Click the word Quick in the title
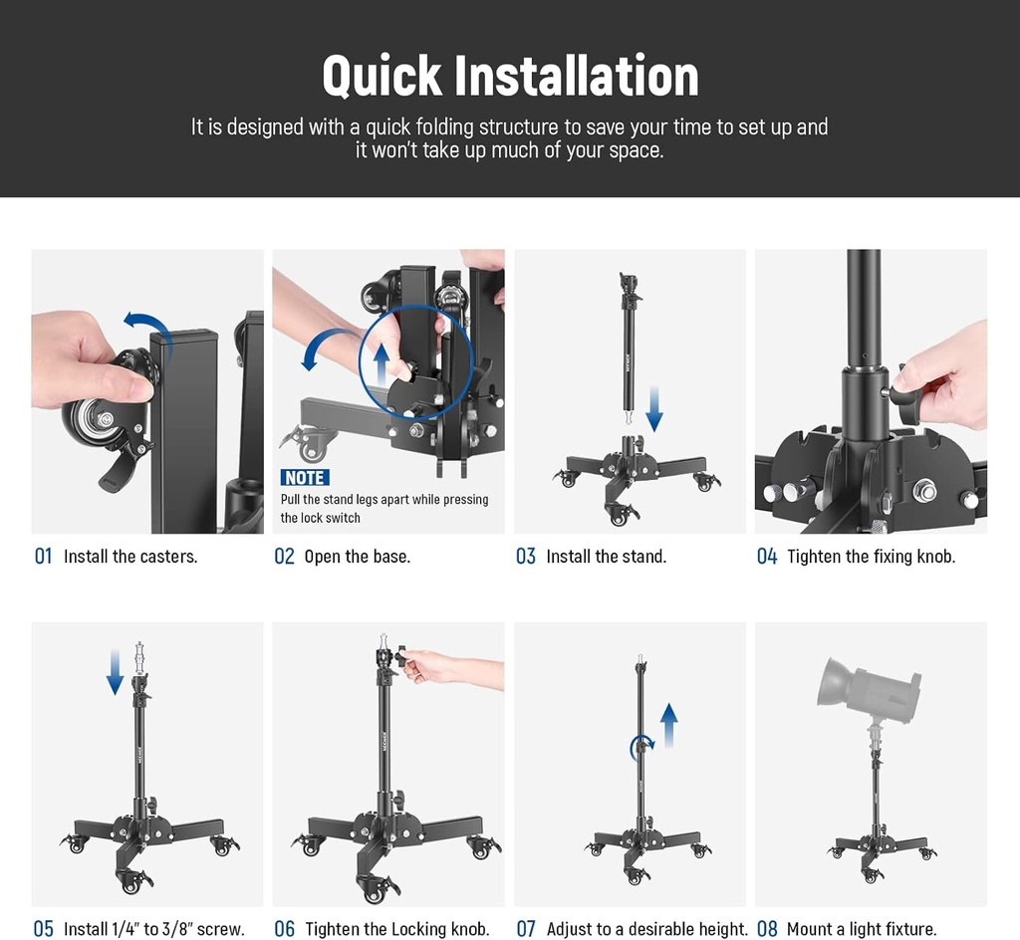(x=382, y=76)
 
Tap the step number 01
(x=43, y=557)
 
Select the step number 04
(x=766, y=557)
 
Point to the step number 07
(x=526, y=929)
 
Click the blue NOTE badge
(x=305, y=478)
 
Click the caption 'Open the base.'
(x=357, y=557)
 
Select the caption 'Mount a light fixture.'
(x=862, y=929)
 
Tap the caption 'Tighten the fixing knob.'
(x=871, y=557)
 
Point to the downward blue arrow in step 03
(x=653, y=408)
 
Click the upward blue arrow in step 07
(x=669, y=725)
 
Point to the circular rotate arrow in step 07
(x=642, y=744)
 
